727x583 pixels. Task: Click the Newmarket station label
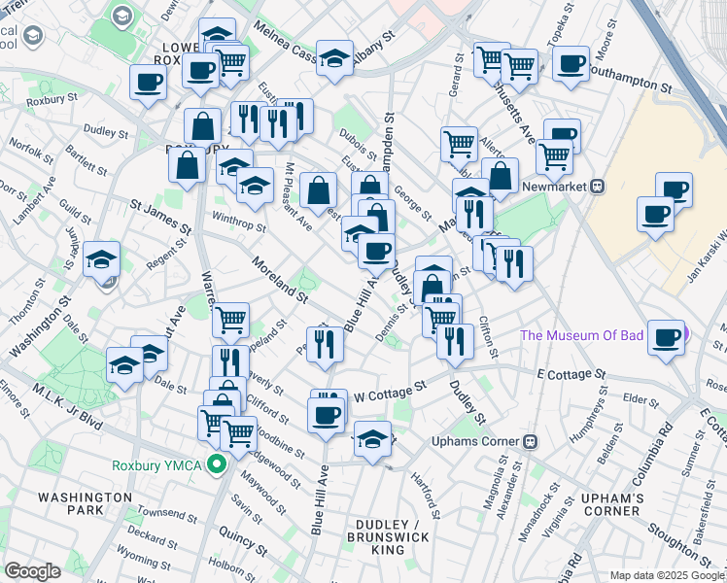coord(557,187)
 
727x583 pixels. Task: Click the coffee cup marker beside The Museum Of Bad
coord(667,338)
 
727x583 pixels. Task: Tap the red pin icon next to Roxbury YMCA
coord(221,465)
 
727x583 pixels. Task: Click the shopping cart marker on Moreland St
coord(230,318)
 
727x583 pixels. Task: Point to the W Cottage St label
coord(390,392)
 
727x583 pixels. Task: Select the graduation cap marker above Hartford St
coord(372,438)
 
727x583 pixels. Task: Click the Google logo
coord(33,570)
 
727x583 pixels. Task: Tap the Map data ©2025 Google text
coord(666,575)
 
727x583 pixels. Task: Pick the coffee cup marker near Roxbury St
coord(148,85)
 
